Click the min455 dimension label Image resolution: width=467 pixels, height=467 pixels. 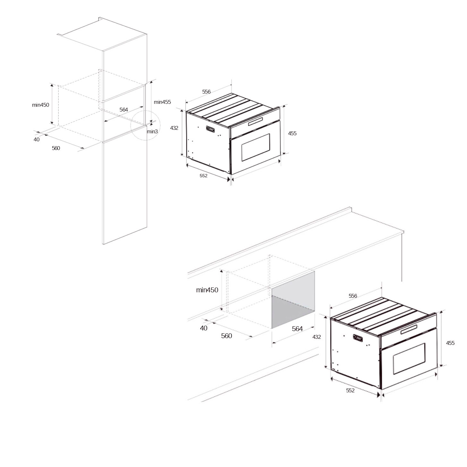[x=162, y=102]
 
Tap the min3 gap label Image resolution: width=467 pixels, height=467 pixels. [x=152, y=131]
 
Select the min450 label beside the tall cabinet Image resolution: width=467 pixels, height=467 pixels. [x=40, y=105]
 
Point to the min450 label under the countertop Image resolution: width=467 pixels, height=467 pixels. [x=207, y=290]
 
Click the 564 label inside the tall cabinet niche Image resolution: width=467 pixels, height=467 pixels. [x=124, y=110]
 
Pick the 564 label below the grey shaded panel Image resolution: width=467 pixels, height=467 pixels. [x=297, y=329]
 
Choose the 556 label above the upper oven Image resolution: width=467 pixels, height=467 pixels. [x=206, y=92]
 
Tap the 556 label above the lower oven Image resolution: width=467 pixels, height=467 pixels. [x=353, y=296]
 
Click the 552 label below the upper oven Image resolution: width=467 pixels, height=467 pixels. [x=204, y=176]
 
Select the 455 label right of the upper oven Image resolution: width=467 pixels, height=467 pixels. [x=292, y=133]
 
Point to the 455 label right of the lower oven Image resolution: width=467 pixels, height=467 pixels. [x=450, y=343]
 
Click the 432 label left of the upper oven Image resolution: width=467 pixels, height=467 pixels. [x=174, y=128]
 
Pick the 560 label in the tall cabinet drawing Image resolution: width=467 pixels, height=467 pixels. [x=56, y=148]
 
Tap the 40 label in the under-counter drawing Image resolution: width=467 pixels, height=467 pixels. [x=204, y=328]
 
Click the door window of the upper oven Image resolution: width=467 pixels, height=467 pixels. [x=256, y=147]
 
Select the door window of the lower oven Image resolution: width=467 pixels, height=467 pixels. [x=409, y=358]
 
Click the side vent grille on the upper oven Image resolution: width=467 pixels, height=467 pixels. [x=210, y=129]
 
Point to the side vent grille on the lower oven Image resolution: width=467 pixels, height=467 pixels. [x=358, y=338]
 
